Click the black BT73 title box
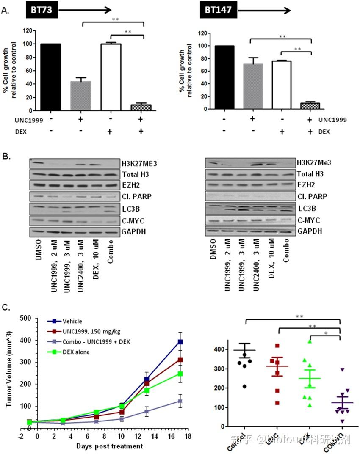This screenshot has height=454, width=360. [x=42, y=10]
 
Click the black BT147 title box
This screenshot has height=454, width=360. [x=219, y=10]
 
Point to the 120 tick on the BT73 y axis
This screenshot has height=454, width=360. [x=28, y=30]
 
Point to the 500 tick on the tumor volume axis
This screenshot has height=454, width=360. [x=27, y=319]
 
